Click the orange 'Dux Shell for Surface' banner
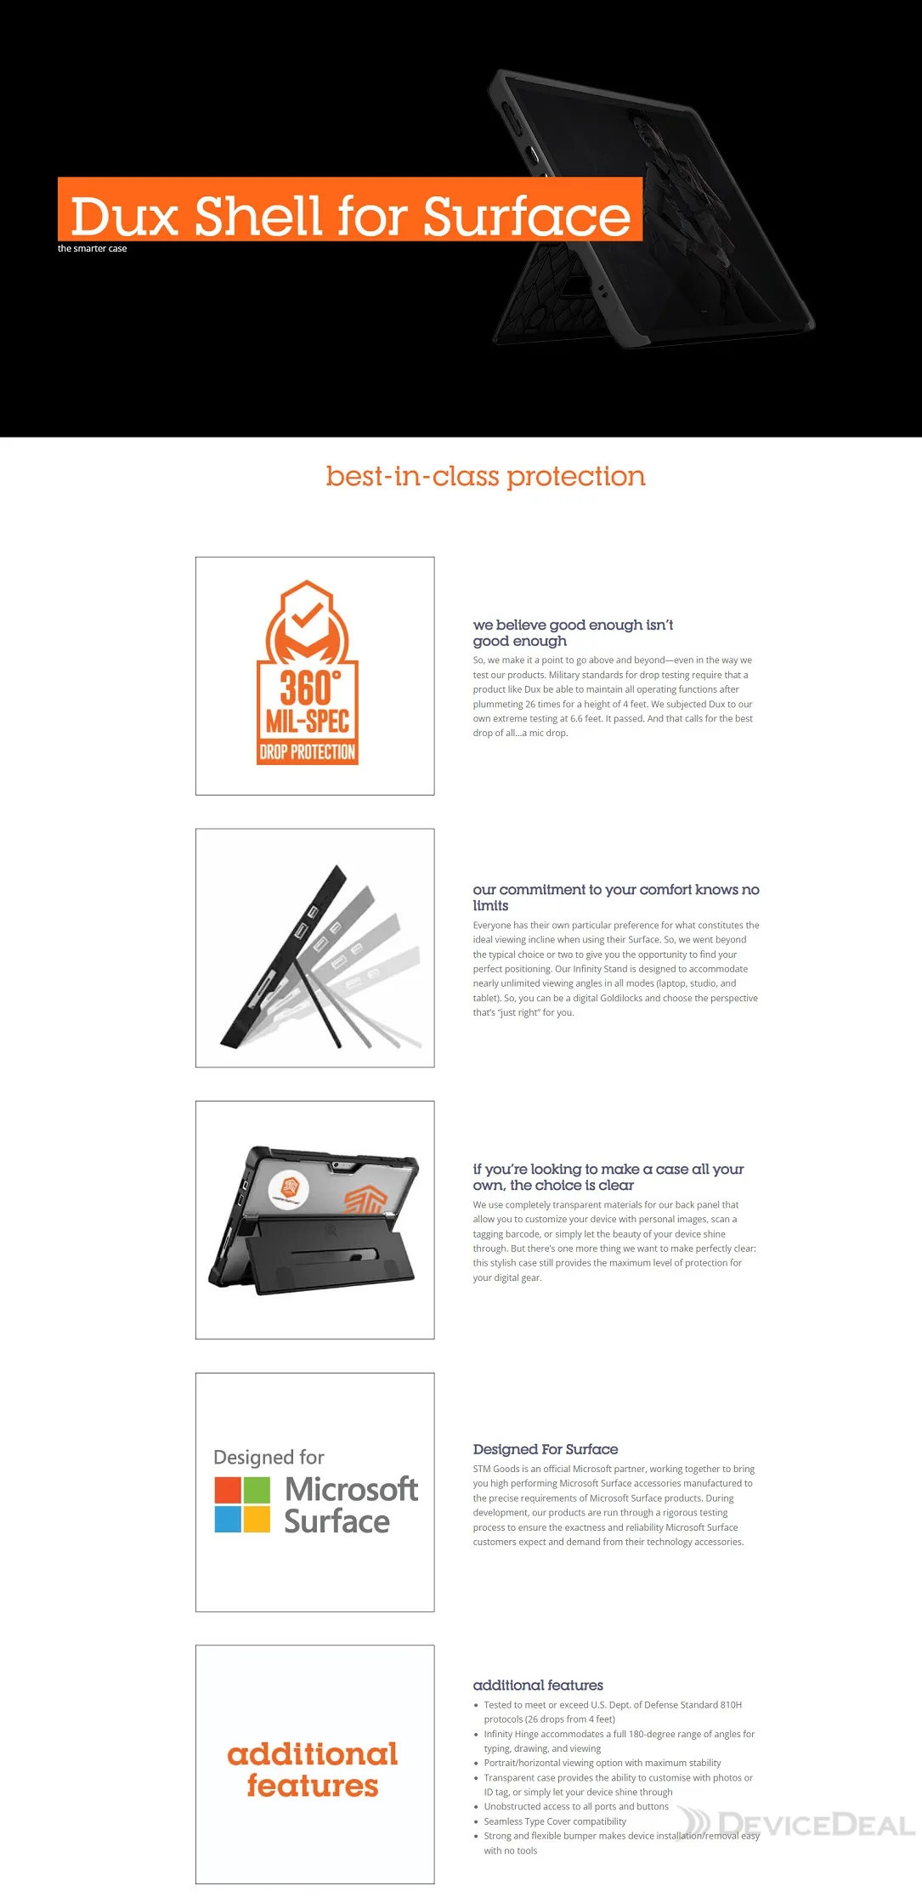tap(350, 209)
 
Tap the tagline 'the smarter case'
tap(92, 249)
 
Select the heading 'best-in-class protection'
tap(485, 477)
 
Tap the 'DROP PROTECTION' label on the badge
tap(308, 752)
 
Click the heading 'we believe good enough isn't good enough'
tap(573, 632)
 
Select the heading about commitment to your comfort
tap(616, 898)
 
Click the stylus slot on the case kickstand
tap(334, 1252)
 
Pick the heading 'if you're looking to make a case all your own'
tap(608, 1177)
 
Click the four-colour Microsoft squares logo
tap(242, 1504)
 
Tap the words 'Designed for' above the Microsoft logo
tap(269, 1458)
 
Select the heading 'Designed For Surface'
tap(546, 1449)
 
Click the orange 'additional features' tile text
tap(313, 1770)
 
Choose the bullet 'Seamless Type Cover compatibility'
tap(555, 1821)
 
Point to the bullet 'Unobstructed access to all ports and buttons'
tap(576, 1807)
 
